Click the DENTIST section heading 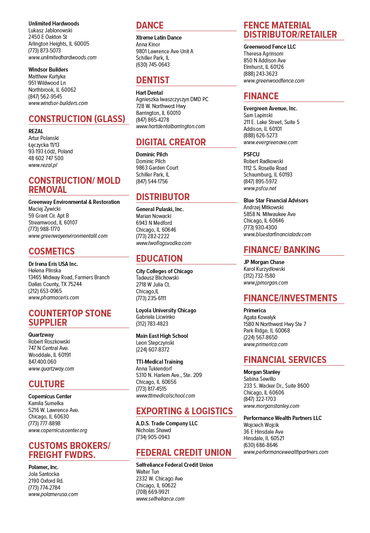click(153, 80)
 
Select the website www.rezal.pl click(43, 165)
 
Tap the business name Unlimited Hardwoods click(54, 24)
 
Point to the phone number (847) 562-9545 click(45, 97)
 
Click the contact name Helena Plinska click(45, 270)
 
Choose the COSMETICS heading click(52, 251)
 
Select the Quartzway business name click(41, 335)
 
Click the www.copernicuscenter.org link click(58, 430)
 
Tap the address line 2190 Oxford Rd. click(46, 481)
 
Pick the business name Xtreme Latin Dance click(159, 38)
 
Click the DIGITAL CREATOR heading click(171, 142)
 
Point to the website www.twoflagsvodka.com click(164, 243)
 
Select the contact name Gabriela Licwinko click(155, 317)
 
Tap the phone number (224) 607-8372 click(153, 350)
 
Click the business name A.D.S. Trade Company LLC click(167, 423)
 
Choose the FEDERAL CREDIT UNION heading click(184, 453)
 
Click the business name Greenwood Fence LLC click(270, 47)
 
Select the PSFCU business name click(252, 154)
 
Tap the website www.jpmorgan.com click(266, 283)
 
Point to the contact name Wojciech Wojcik click(261, 425)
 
